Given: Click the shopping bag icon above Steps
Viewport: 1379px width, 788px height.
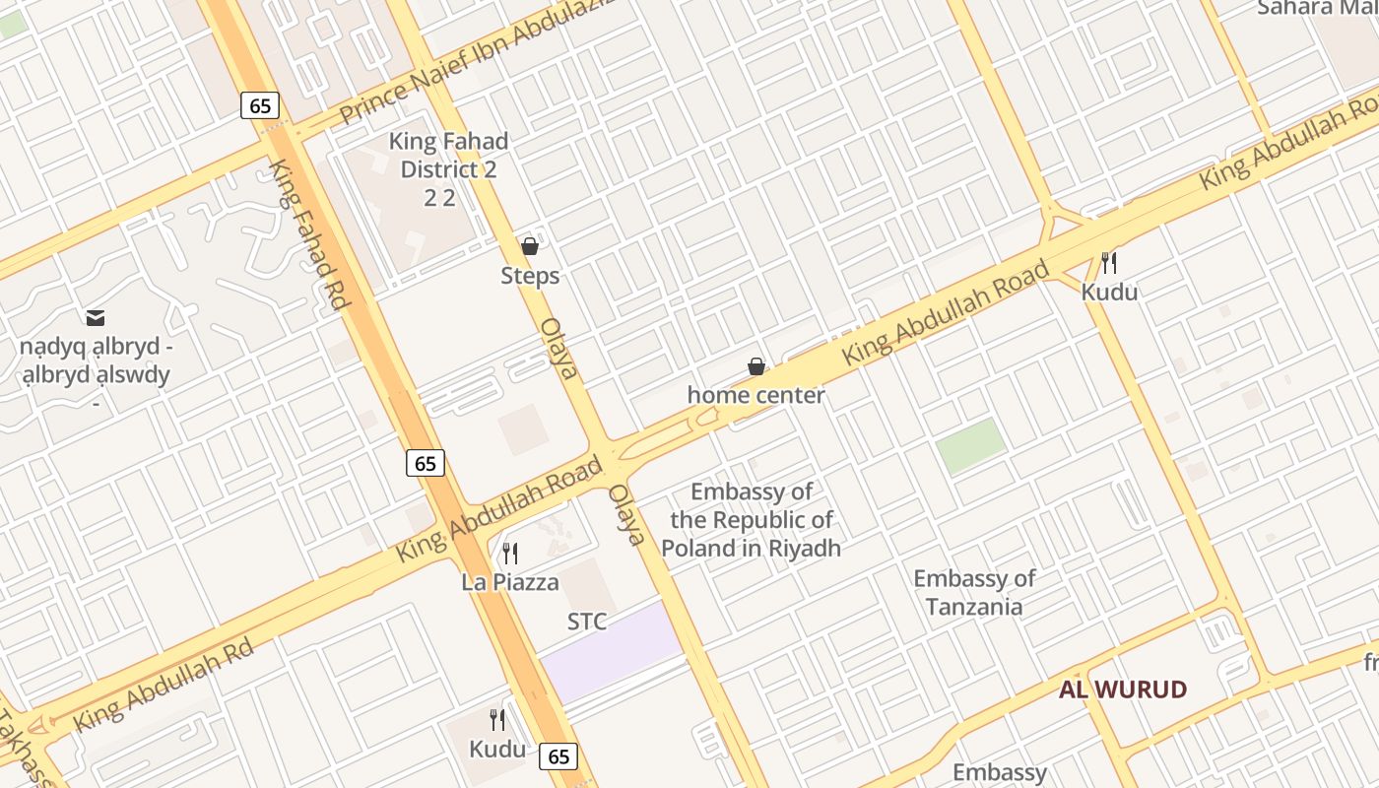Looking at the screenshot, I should tap(530, 246).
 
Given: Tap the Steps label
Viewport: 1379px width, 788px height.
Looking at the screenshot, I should tap(530, 276).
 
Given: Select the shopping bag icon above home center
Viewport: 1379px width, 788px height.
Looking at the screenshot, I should tap(756, 366).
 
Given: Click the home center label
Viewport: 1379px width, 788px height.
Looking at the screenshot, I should tap(755, 396).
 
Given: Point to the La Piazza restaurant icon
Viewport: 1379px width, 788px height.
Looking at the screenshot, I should tap(510, 554).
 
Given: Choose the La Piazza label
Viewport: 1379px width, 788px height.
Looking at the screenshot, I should tap(510, 582).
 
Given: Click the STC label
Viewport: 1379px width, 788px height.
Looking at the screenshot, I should tap(587, 623).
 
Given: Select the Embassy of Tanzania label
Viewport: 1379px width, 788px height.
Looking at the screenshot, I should tap(974, 592).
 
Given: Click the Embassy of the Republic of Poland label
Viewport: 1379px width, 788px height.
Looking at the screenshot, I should tap(752, 520).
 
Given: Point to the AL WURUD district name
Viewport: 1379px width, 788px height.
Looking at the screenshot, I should tap(1123, 689).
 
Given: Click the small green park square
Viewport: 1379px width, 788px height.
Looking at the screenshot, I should tap(970, 445).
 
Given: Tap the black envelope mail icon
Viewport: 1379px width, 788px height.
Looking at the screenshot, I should tap(96, 317).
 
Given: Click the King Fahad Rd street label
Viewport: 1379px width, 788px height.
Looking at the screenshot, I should tap(309, 234).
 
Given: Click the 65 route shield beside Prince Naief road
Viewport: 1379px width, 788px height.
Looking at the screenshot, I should tap(261, 105).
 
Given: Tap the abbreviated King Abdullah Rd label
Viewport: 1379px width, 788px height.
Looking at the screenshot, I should tap(164, 686).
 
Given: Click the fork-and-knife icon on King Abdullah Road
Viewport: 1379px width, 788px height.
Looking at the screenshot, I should tap(1109, 263).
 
